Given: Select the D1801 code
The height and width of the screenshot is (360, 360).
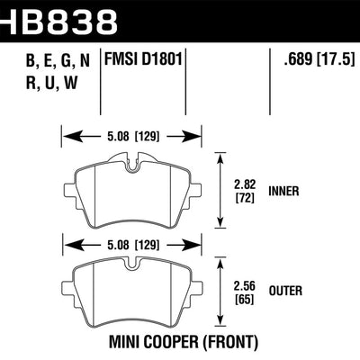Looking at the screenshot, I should point(165,62).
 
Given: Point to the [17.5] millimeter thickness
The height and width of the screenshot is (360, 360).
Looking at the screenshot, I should point(334,62).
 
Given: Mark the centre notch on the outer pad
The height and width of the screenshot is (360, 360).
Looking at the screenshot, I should point(131,267).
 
